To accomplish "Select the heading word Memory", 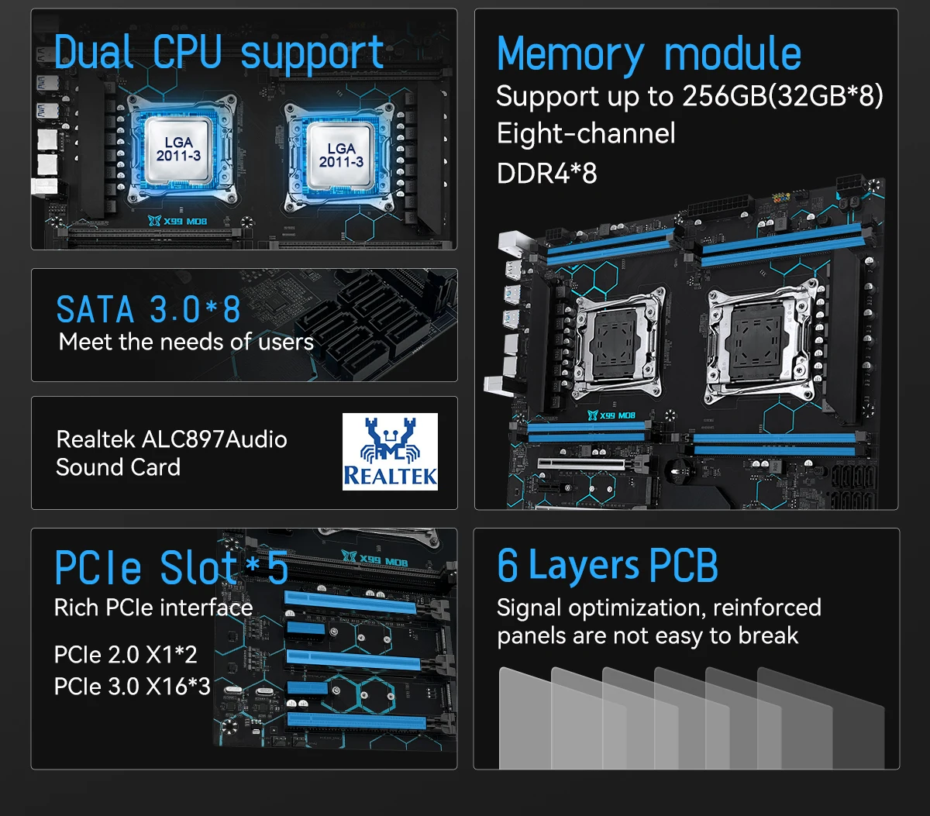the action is (x=570, y=55).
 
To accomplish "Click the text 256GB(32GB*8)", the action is (x=782, y=96).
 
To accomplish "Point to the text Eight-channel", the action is (x=586, y=133).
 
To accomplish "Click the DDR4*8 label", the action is (x=546, y=174).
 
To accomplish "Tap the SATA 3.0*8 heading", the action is (x=148, y=309).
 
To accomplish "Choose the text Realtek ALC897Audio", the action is (x=172, y=439).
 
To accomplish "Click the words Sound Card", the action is (x=119, y=467).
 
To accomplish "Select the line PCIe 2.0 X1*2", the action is (x=126, y=655).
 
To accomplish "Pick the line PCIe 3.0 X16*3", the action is (x=133, y=687).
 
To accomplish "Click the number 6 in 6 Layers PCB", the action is (x=508, y=566).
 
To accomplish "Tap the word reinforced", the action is (x=767, y=608).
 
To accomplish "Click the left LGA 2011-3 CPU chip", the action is (x=178, y=149).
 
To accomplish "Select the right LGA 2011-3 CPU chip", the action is (x=340, y=155).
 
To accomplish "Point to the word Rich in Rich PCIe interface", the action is (x=76, y=608).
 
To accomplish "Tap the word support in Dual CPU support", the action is (x=312, y=55).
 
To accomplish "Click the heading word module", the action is (x=732, y=53).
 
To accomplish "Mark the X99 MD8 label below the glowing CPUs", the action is (x=178, y=221).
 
